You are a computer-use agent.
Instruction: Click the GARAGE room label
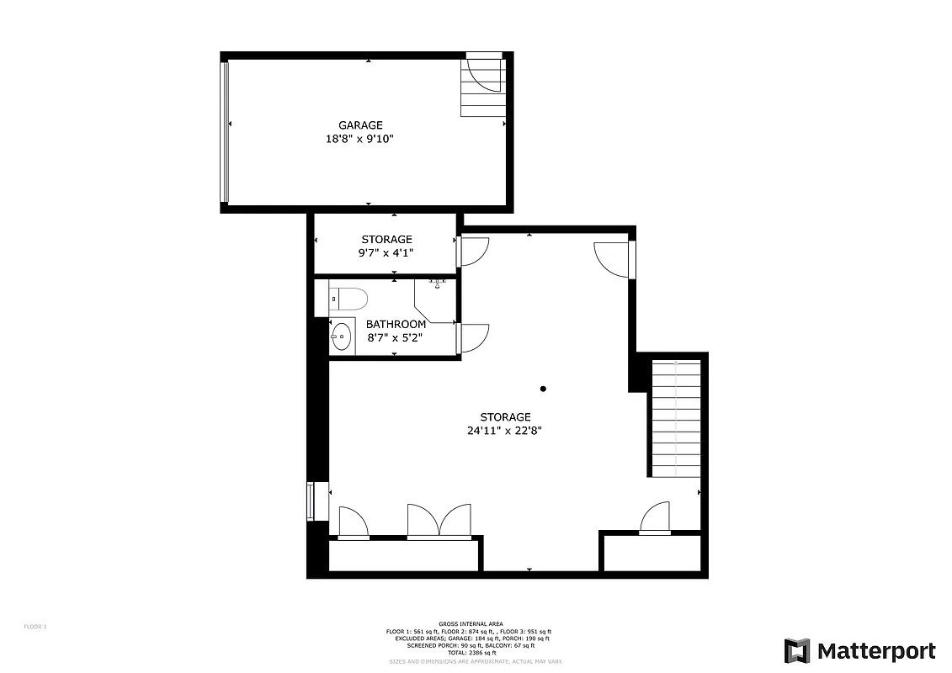pyautogui.click(x=360, y=125)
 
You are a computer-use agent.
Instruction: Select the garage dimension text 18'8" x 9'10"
pyautogui.click(x=360, y=139)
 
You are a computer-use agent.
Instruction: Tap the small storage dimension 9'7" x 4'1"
pyautogui.click(x=386, y=252)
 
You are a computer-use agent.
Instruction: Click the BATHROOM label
pyautogui.click(x=396, y=324)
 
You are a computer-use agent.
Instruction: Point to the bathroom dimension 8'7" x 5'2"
pyautogui.click(x=395, y=337)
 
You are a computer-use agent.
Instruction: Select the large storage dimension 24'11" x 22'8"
pyautogui.click(x=505, y=430)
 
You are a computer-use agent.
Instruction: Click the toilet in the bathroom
pyautogui.click(x=348, y=298)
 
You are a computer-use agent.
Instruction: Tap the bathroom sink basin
pyautogui.click(x=341, y=337)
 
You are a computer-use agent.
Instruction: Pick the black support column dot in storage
pyautogui.click(x=543, y=389)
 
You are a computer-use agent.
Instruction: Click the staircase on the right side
pyautogui.click(x=675, y=418)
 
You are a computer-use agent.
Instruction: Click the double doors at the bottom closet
pyautogui.click(x=439, y=520)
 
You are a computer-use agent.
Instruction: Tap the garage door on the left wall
pyautogui.click(x=224, y=132)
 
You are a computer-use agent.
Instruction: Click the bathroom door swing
pyautogui.click(x=472, y=337)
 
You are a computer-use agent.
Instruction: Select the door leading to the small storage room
pyautogui.click(x=472, y=252)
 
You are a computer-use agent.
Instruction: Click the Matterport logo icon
pyautogui.click(x=797, y=651)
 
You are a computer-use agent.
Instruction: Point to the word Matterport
pyautogui.click(x=876, y=651)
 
